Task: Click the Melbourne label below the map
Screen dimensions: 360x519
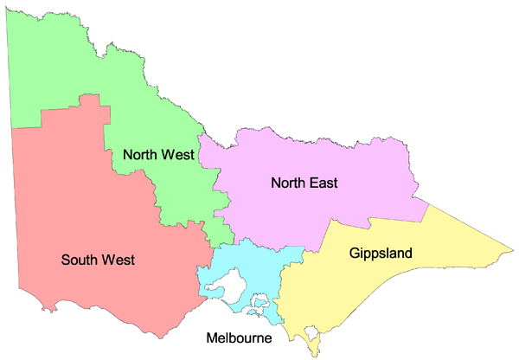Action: click(238, 337)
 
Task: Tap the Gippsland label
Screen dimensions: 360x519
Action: click(381, 254)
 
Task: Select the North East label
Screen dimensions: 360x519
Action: click(304, 183)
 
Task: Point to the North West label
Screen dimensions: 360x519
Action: click(158, 155)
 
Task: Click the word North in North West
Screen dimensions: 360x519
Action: click(140, 155)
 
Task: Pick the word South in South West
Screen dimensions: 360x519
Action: click(79, 259)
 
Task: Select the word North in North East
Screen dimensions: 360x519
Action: click(287, 183)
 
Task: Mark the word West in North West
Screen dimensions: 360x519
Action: click(177, 155)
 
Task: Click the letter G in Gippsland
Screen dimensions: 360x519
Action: click(356, 254)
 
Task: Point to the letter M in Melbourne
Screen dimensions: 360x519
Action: click(210, 337)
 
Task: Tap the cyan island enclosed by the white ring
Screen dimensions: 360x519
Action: click(258, 304)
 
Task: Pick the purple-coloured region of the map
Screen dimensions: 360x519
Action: click(329, 156)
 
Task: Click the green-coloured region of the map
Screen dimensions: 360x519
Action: click(86, 78)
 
